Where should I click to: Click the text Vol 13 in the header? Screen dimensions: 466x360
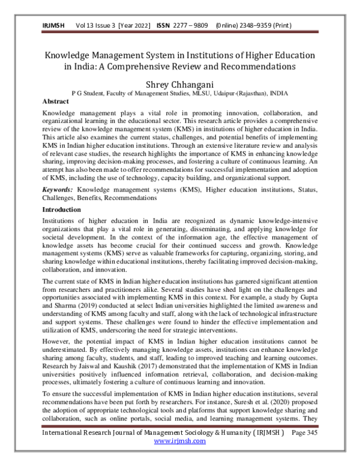tap(86, 26)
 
